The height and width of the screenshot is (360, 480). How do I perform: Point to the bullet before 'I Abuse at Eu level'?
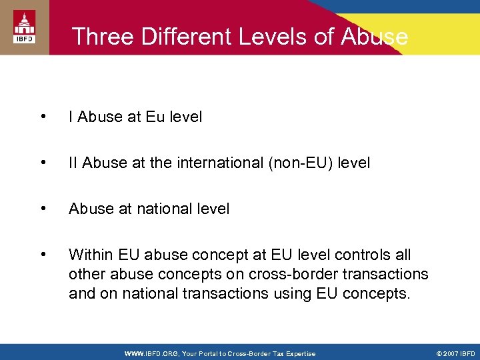(x=43, y=117)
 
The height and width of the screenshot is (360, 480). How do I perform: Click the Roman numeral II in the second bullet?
(x=73, y=163)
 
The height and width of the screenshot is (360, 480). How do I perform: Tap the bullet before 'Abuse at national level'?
(x=43, y=209)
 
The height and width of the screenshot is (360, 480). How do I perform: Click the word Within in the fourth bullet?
(x=91, y=255)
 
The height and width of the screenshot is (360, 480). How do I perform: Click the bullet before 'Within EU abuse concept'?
(x=43, y=255)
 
